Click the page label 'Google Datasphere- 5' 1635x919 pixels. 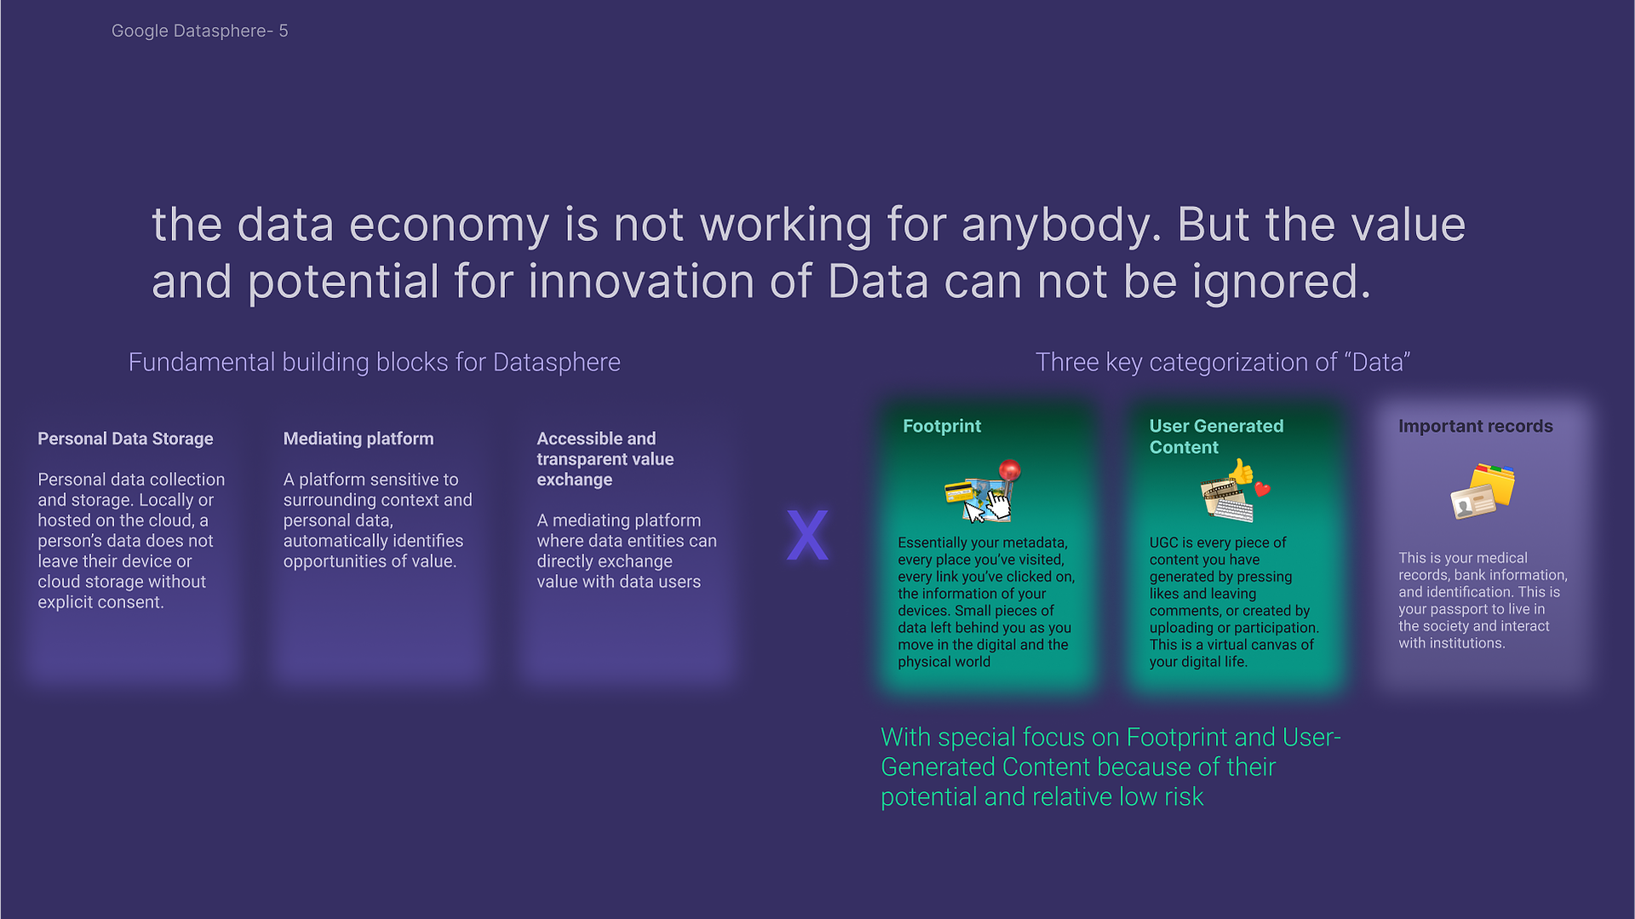199,32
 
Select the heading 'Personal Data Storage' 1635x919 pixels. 125,439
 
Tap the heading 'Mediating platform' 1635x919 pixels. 359,439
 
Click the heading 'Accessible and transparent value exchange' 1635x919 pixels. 605,459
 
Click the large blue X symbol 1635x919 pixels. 807,535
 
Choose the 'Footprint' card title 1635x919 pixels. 942,426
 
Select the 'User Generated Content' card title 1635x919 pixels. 1216,436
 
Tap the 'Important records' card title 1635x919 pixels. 1476,426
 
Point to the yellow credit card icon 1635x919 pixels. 960,492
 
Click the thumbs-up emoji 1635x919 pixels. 1242,471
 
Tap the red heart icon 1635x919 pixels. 1262,489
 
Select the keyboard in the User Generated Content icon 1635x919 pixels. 1232,509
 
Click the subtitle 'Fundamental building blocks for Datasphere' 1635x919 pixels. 375,362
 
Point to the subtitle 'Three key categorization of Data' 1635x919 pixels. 1223,362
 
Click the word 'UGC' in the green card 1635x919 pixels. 1164,543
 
